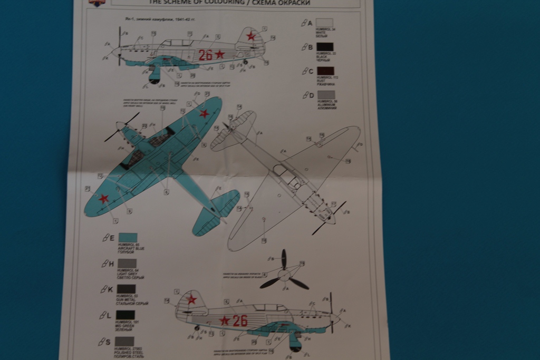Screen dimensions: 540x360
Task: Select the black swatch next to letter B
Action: coord(324,46)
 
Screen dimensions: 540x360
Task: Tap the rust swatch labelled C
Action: coord(324,71)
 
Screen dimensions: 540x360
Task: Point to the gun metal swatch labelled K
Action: coord(126,289)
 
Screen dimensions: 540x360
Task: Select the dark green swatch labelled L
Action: coord(126,315)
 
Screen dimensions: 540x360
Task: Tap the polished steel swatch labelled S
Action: coord(124,341)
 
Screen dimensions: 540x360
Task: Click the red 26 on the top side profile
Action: coord(206,55)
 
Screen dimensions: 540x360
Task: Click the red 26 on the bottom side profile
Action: coord(240,320)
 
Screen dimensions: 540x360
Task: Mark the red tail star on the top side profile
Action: coord(252,36)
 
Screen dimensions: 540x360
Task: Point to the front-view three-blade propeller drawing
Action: coord(284,273)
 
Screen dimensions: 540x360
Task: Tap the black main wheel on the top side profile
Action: coord(155,81)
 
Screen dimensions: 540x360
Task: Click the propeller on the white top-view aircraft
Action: coord(329,217)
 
